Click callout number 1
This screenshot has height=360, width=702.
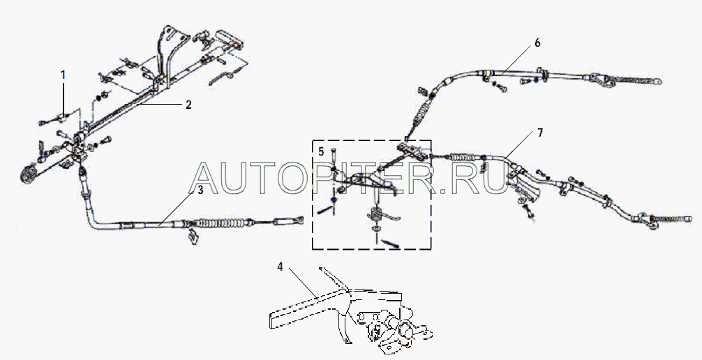click(63, 73)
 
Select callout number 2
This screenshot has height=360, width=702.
click(188, 105)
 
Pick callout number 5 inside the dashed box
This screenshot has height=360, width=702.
click(321, 151)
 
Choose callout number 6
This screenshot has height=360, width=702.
click(537, 43)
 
